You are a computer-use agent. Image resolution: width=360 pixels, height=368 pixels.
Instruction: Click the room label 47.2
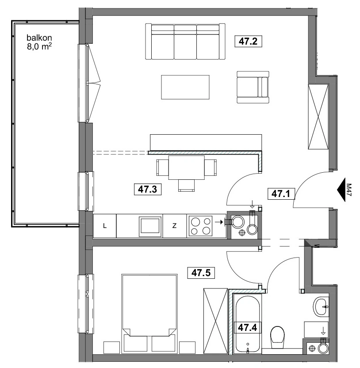(x=248, y=42)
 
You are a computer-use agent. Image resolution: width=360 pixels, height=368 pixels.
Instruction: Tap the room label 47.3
(x=148, y=189)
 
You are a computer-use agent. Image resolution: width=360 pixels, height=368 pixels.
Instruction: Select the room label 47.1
(x=281, y=193)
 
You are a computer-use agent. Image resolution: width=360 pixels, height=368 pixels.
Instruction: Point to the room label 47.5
(x=201, y=273)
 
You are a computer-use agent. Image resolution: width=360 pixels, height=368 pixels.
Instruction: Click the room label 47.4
(x=247, y=327)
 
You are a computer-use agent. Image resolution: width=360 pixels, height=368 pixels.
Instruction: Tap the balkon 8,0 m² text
(x=39, y=42)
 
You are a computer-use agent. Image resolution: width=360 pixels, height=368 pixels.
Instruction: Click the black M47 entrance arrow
(x=342, y=190)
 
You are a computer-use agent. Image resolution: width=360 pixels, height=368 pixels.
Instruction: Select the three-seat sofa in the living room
(x=185, y=42)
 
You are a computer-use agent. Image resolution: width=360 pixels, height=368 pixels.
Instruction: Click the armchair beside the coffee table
(x=253, y=87)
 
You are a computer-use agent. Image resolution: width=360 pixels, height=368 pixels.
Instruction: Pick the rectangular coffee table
(x=185, y=87)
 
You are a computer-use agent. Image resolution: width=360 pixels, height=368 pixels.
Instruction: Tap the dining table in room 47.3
(x=187, y=167)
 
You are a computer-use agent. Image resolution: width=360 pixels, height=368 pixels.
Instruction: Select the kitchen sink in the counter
(x=150, y=227)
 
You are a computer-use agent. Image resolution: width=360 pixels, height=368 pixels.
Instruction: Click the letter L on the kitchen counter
(x=105, y=226)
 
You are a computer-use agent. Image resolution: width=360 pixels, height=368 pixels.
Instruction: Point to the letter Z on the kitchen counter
(x=174, y=226)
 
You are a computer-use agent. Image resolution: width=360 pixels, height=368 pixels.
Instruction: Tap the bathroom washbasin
(x=321, y=307)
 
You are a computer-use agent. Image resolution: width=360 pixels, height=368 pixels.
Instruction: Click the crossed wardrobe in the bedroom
(x=215, y=321)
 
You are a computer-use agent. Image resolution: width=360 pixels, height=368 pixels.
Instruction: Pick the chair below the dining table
(x=187, y=186)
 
